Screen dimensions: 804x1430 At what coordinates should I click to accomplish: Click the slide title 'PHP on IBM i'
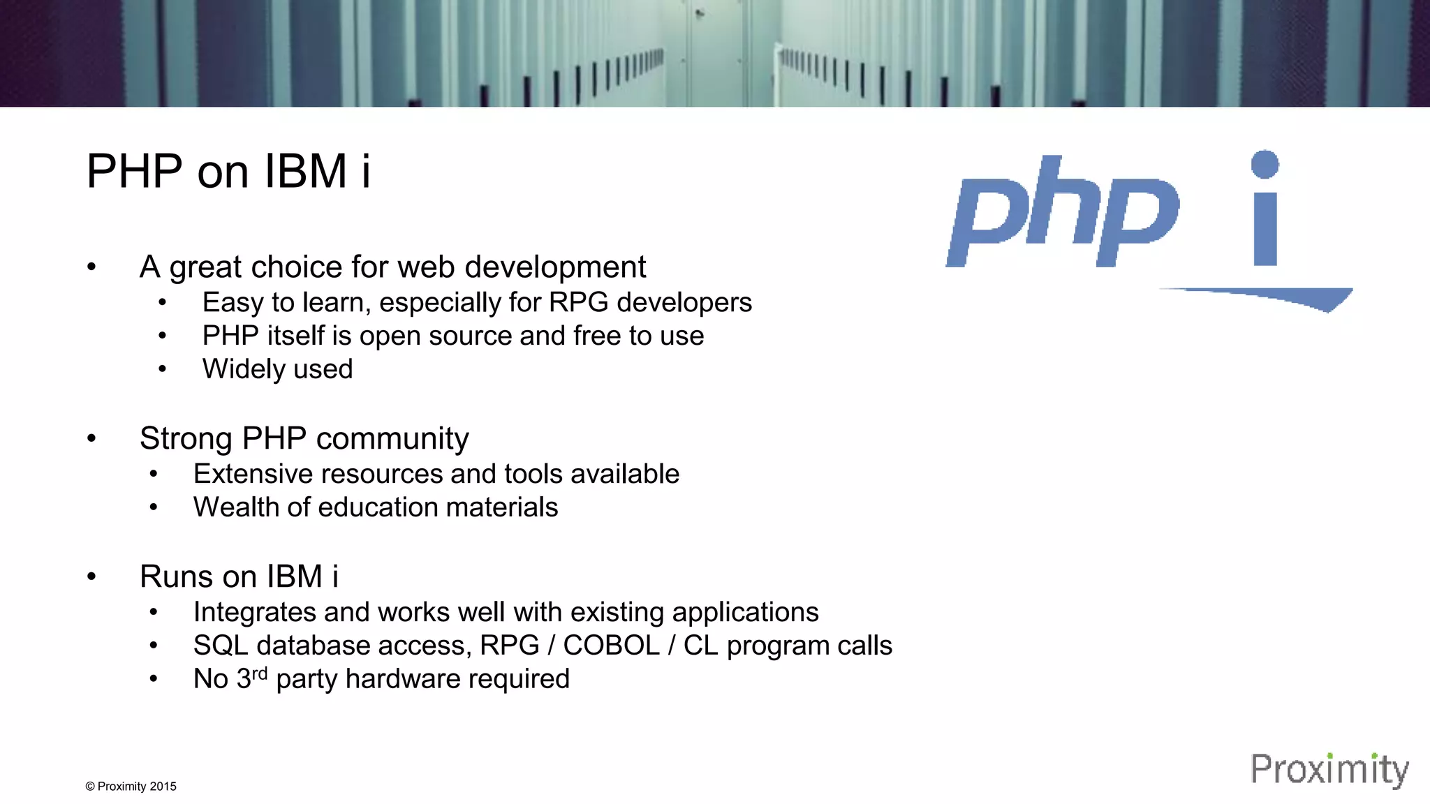click(x=228, y=172)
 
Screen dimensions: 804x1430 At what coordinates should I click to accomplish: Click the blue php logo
click(x=1062, y=213)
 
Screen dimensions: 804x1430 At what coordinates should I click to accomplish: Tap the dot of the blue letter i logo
click(x=1265, y=165)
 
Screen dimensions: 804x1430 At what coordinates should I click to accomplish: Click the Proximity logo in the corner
click(x=1329, y=770)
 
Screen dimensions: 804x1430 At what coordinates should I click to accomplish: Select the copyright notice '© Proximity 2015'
click(x=131, y=787)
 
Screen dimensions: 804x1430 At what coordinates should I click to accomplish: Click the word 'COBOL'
click(x=611, y=646)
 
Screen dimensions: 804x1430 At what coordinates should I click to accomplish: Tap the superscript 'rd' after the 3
click(x=259, y=673)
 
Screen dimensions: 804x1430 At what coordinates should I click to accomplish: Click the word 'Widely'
click(x=237, y=369)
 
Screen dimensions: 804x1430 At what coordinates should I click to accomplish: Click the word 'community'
click(x=392, y=439)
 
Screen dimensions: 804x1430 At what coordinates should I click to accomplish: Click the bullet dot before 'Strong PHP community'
click(x=91, y=439)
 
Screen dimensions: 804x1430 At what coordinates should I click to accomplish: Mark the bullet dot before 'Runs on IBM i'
click(x=91, y=577)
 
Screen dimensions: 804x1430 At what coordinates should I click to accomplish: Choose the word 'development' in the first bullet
click(x=555, y=267)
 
